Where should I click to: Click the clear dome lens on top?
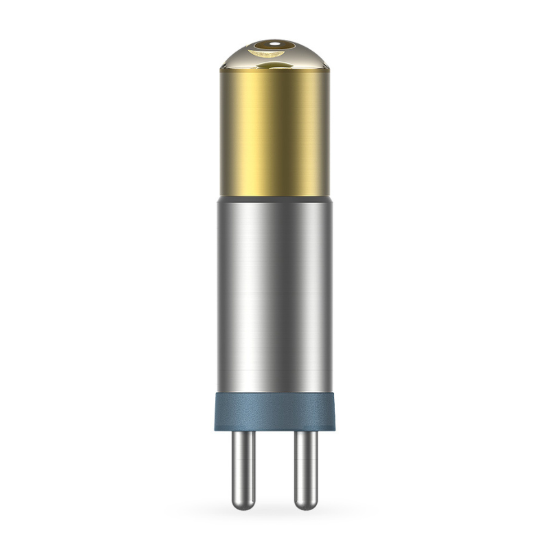pyautogui.click(x=275, y=55)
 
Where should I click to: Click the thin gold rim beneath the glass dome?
pyautogui.click(x=275, y=69)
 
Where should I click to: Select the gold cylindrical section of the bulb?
pyautogui.click(x=275, y=131)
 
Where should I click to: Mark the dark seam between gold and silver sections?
pyautogui.click(x=275, y=197)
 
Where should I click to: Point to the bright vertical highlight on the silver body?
pyautogui.click(x=278, y=296)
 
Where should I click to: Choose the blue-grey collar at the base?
pyautogui.click(x=275, y=411)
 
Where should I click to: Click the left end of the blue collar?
pyautogui.click(x=219, y=411)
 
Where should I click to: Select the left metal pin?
pyautogui.click(x=243, y=467)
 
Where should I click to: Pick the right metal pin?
pyautogui.click(x=306, y=467)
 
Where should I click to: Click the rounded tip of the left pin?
pyautogui.click(x=243, y=505)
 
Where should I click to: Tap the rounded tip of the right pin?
pyautogui.click(x=306, y=505)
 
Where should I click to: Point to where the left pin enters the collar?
pyautogui.click(x=243, y=432)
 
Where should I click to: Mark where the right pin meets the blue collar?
pyautogui.click(x=306, y=432)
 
